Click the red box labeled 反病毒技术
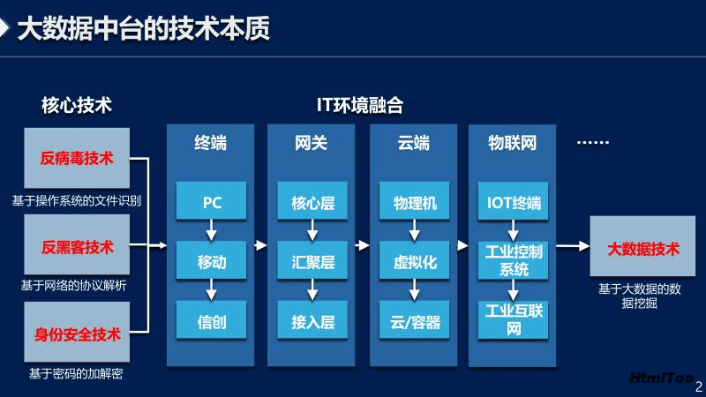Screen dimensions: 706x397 click(x=77, y=158)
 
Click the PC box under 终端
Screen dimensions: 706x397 click(x=211, y=201)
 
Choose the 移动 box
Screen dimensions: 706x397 click(x=211, y=260)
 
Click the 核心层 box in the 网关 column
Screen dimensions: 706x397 click(x=312, y=201)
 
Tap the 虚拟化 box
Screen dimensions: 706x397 click(x=414, y=260)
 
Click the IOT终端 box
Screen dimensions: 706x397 click(x=513, y=201)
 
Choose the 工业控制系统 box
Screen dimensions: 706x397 click(x=513, y=260)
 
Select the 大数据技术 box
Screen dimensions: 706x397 click(x=642, y=246)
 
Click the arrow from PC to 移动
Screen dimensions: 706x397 click(x=211, y=230)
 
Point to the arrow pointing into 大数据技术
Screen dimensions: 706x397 click(x=573, y=246)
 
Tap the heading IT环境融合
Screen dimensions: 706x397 click(x=360, y=105)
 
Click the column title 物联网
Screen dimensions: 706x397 click(x=513, y=143)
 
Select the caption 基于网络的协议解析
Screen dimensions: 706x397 click(x=74, y=285)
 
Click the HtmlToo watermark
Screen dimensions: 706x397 click(x=661, y=378)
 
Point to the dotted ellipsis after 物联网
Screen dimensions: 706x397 click(x=593, y=143)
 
